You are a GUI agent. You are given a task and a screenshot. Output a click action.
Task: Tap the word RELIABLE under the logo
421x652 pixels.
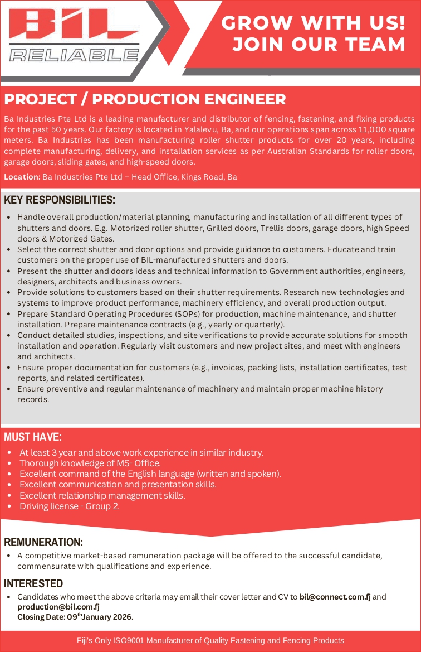pos(74,55)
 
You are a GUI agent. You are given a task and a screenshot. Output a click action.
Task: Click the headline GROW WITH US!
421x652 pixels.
pos(313,23)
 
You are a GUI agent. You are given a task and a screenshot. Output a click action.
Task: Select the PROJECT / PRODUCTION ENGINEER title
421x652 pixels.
pos(145,99)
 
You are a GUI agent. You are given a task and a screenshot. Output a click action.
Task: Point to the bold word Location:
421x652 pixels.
pos(22,177)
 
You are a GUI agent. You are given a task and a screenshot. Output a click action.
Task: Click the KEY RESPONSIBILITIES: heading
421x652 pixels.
pos(60,200)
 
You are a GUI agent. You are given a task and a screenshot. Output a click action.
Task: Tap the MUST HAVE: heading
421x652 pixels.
pos(33,437)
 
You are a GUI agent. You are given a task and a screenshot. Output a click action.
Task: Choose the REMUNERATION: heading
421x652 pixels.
pos(43,542)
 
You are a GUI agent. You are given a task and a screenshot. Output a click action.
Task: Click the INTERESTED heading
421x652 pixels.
pos(33,583)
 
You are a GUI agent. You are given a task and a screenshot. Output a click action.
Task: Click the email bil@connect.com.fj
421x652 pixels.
pos(335,597)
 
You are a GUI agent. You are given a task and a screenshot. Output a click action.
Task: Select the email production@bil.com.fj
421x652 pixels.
pos(58,607)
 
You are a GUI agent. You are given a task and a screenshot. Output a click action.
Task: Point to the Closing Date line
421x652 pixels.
pos(75,617)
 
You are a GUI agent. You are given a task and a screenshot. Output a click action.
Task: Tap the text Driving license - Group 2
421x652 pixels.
pos(70,506)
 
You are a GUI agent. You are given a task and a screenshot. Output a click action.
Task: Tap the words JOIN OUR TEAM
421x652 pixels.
pos(319,44)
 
